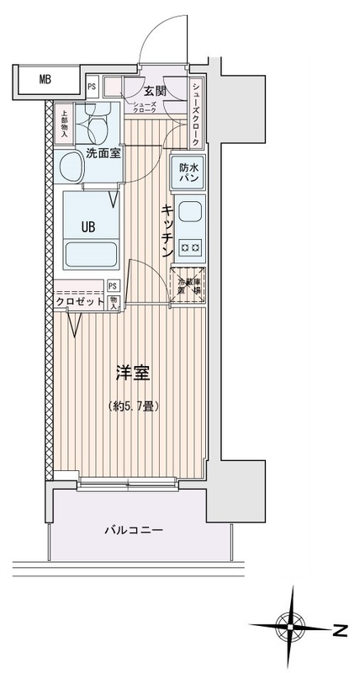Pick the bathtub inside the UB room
[x=89, y=252]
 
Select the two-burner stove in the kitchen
[x=190, y=247]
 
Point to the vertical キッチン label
[x=167, y=230]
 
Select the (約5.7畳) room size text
[x=134, y=405]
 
